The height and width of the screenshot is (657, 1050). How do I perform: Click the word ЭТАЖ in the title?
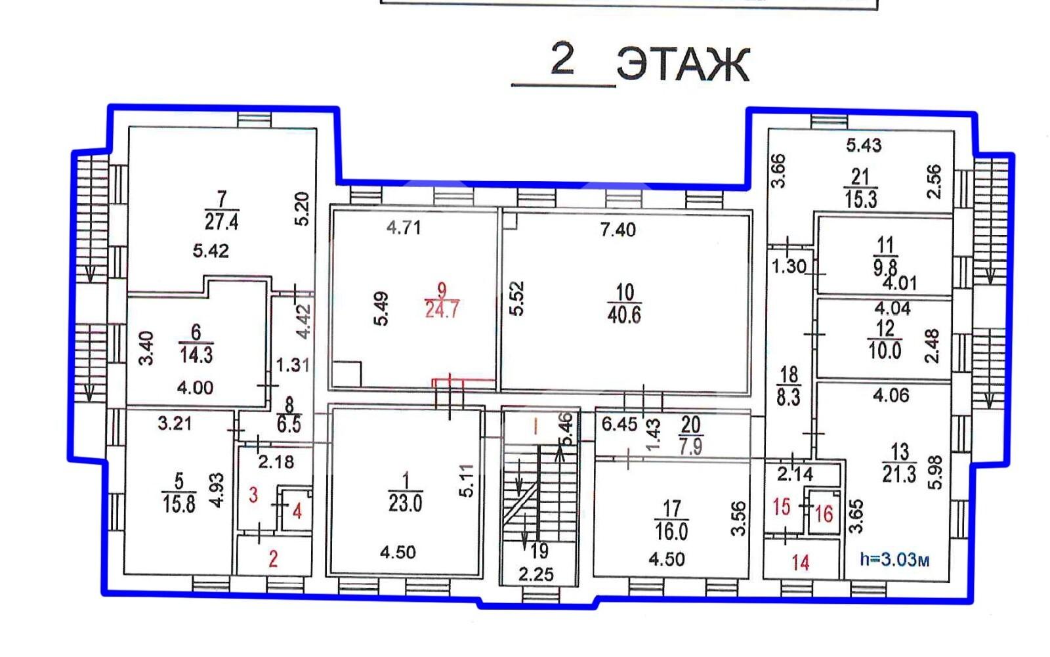click(x=683, y=65)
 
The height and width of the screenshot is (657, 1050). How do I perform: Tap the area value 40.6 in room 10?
click(x=624, y=315)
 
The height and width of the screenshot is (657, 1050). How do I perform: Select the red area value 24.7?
click(x=442, y=310)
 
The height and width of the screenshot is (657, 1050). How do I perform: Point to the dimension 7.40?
click(x=618, y=230)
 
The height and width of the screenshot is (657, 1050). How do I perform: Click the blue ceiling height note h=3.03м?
click(x=894, y=559)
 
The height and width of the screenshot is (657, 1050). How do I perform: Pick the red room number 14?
click(x=801, y=562)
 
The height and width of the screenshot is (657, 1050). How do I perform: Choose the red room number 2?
click(x=273, y=559)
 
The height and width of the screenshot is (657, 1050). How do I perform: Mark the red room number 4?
click(x=297, y=511)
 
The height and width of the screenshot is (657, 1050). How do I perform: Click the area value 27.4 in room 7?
click(x=221, y=221)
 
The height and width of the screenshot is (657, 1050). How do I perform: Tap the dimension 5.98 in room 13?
click(x=934, y=473)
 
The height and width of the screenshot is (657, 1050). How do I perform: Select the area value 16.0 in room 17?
click(x=671, y=532)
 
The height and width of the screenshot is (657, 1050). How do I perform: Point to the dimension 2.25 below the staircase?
click(x=535, y=574)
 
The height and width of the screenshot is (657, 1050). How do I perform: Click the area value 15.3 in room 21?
click(x=860, y=200)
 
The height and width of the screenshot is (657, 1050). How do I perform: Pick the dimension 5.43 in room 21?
click(x=864, y=145)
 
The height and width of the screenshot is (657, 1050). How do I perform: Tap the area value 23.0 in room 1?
click(x=405, y=503)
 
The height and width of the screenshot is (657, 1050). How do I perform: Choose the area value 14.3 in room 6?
click(x=196, y=355)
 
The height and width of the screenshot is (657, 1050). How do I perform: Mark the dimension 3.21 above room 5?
click(x=175, y=424)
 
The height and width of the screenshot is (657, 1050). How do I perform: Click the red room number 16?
click(x=824, y=515)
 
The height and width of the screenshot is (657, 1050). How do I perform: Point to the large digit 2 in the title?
click(x=562, y=58)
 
